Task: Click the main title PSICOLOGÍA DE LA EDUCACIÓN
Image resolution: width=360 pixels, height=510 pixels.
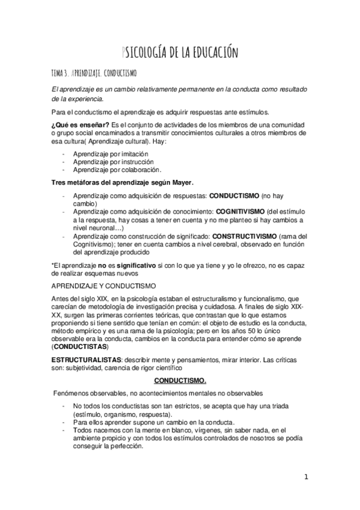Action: (180, 52)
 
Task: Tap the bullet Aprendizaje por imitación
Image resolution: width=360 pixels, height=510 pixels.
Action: (106, 154)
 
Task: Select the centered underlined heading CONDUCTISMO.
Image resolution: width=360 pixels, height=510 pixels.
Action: (180, 381)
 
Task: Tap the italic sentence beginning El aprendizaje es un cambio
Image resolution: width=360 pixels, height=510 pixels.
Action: (180, 93)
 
